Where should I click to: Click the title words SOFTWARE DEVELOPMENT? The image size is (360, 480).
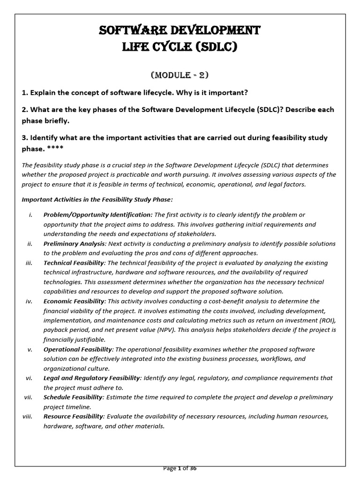click(x=180, y=31)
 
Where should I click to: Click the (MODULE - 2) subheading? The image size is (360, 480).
click(x=180, y=75)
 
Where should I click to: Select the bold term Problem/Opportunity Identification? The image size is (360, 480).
click(x=97, y=215)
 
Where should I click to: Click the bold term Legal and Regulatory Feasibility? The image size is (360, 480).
click(x=92, y=378)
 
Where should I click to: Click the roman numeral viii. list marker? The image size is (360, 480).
click(x=27, y=417)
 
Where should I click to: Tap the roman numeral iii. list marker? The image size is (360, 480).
click(x=28, y=263)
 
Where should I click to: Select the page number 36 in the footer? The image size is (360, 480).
click(x=193, y=468)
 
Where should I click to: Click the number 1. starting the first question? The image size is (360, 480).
click(x=25, y=91)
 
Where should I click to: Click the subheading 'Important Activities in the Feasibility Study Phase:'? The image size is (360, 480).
click(x=97, y=200)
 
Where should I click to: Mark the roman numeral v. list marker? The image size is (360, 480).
click(x=29, y=350)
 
